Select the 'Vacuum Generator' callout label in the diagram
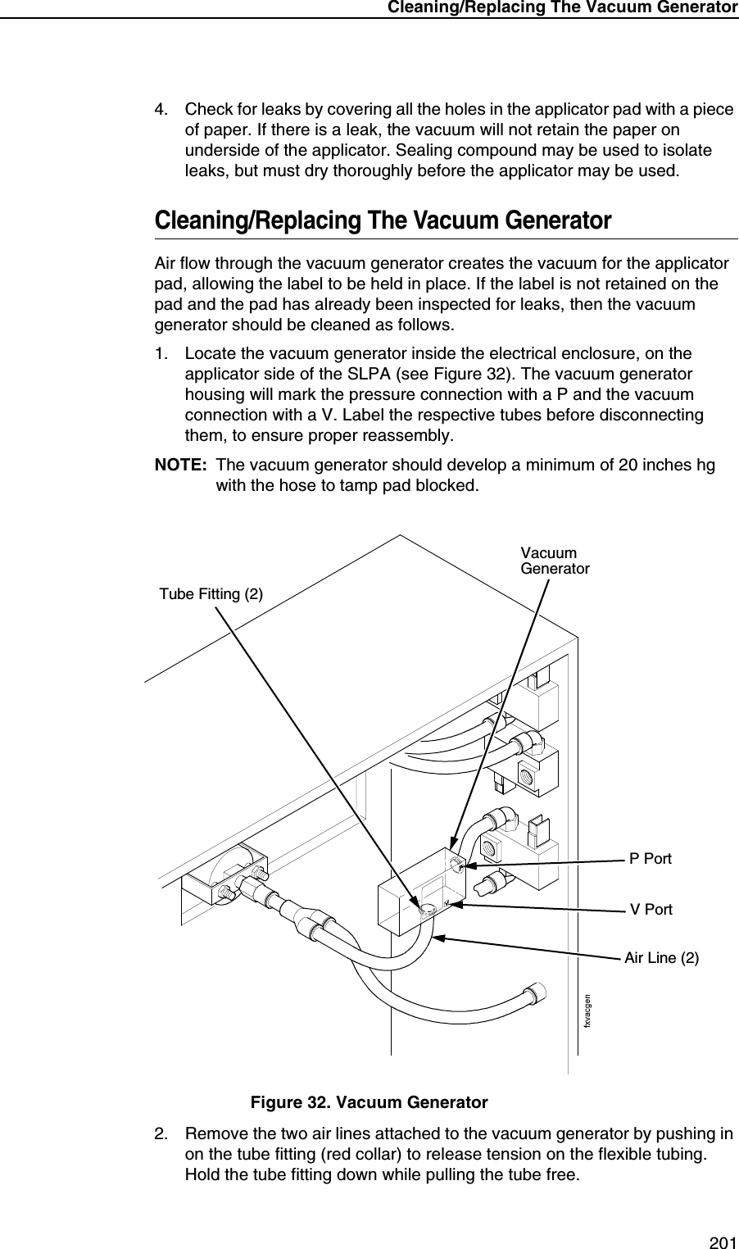(x=555, y=561)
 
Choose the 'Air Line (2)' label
(x=662, y=957)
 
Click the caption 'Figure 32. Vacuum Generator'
(x=369, y=1102)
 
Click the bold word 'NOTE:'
(x=181, y=466)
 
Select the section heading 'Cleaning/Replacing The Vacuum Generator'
(x=383, y=221)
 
